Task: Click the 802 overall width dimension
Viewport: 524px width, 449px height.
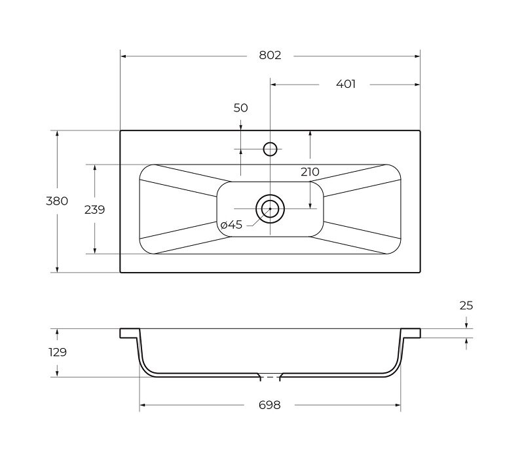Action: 270,55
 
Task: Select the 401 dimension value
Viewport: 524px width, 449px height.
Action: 346,84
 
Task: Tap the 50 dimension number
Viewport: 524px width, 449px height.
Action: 240,108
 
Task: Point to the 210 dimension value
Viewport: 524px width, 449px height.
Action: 310,172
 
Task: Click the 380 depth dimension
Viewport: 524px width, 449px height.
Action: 57,201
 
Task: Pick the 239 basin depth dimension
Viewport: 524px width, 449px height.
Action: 94,210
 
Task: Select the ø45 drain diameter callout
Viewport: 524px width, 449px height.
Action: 231,225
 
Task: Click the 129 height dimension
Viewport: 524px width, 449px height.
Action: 58,352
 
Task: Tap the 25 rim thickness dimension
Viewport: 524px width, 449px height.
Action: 466,305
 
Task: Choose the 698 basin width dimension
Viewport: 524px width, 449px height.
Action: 269,405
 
